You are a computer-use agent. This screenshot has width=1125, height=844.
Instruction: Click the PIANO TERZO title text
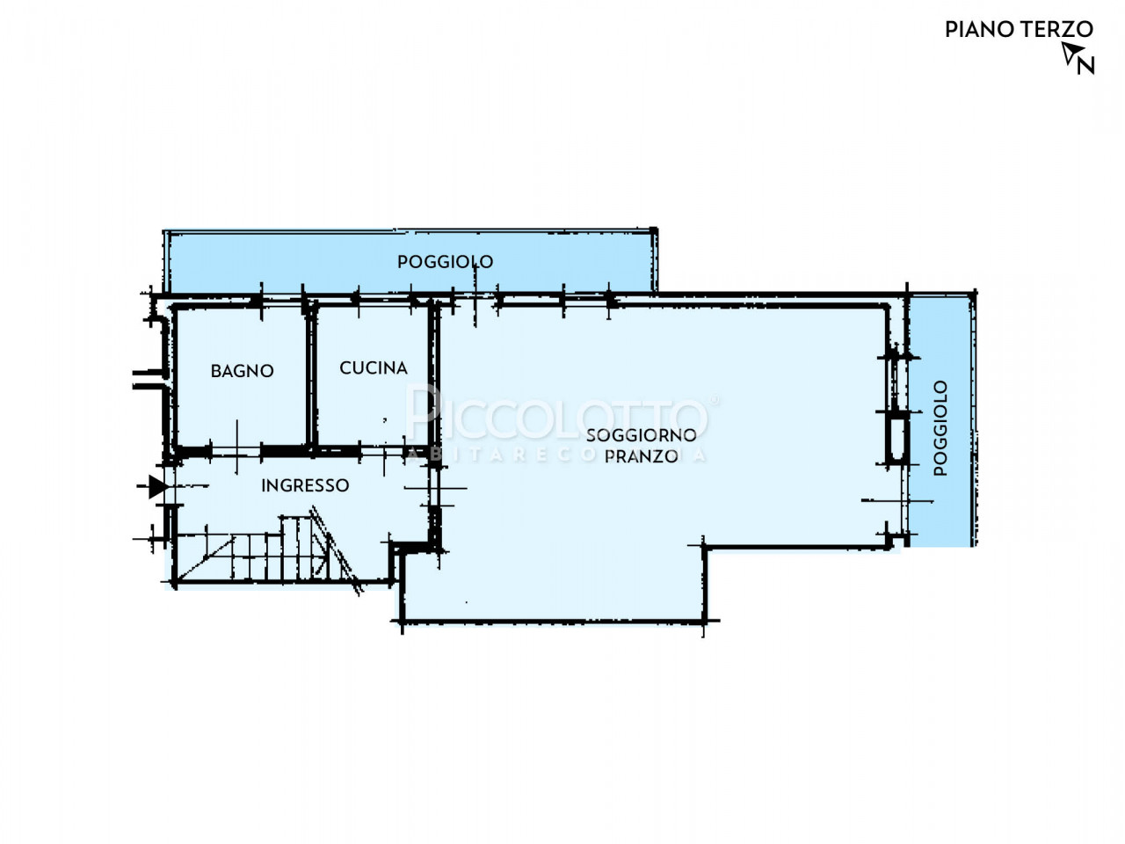[1019, 29]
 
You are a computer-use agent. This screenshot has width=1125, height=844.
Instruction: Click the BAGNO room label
[242, 370]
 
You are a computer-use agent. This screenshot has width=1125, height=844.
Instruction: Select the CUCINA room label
[374, 367]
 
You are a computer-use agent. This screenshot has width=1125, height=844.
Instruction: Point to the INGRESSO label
[305, 484]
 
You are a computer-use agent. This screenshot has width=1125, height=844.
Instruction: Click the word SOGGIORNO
[641, 435]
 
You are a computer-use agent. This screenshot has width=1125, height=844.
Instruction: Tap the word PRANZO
[642, 456]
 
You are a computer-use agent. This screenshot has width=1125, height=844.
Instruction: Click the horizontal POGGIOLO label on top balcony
[445, 262]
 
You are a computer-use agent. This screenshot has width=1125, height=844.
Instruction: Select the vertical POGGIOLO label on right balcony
[940, 428]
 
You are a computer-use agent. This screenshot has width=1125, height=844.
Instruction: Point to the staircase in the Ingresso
[266, 552]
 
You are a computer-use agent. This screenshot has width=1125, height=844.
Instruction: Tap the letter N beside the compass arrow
[1085, 65]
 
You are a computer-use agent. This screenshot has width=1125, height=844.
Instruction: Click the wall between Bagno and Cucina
[309, 376]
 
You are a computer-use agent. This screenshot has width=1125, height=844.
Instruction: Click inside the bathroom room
[241, 400]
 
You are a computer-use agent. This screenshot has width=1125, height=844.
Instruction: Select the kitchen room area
[372, 400]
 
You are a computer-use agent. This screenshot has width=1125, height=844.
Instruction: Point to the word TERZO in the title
[1055, 29]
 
